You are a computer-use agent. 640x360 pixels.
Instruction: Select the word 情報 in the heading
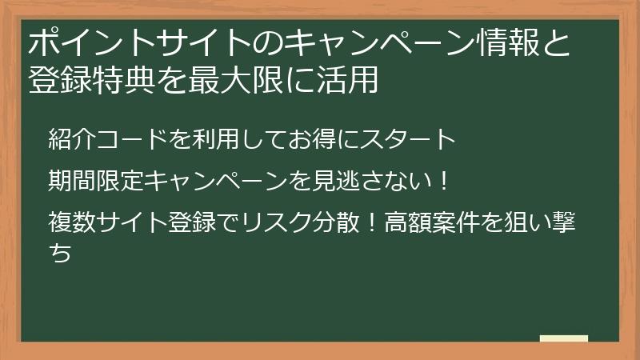502,42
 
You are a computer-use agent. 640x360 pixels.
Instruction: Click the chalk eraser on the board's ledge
563,339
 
